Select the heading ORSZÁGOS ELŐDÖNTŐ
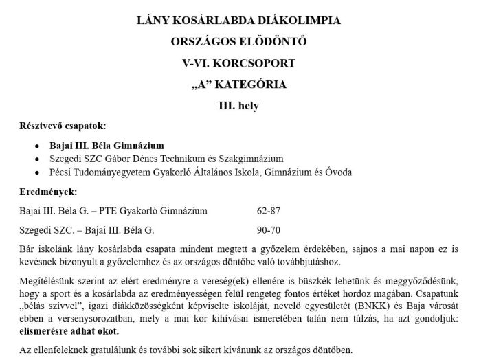(x=239, y=42)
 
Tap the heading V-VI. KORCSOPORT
(x=239, y=63)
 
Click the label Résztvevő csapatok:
(x=63, y=126)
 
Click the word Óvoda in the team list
(x=337, y=172)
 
